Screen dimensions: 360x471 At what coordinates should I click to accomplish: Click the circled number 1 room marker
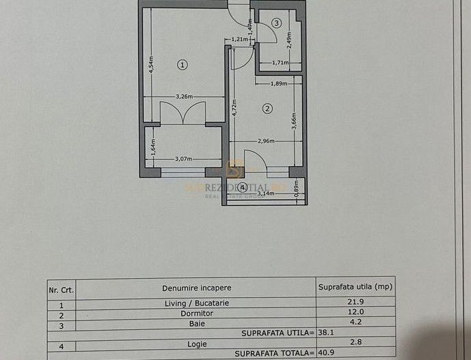(182, 64)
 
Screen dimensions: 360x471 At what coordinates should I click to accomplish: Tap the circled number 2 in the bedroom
(267, 108)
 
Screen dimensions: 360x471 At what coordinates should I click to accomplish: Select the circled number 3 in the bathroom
(276, 23)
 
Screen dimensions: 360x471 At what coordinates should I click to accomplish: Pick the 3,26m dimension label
(183, 96)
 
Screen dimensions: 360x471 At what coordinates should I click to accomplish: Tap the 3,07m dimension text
(183, 159)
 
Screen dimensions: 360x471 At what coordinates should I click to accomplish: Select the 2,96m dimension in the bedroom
(266, 141)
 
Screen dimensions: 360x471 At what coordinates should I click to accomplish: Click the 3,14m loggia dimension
(265, 193)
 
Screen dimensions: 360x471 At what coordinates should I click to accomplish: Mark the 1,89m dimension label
(279, 83)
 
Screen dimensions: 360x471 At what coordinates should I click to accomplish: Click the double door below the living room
(183, 113)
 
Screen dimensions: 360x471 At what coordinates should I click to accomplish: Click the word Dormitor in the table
(197, 313)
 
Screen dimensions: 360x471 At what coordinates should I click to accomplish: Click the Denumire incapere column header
(197, 288)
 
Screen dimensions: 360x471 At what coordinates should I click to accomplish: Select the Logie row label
(197, 344)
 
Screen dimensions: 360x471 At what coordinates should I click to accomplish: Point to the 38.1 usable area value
(327, 333)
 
